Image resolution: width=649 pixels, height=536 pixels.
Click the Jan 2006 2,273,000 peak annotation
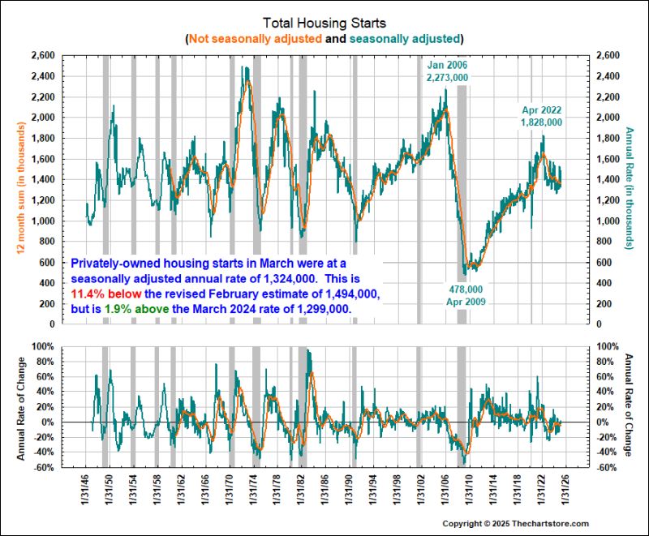point(448,71)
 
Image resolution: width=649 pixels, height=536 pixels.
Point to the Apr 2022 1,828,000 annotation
point(541,116)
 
